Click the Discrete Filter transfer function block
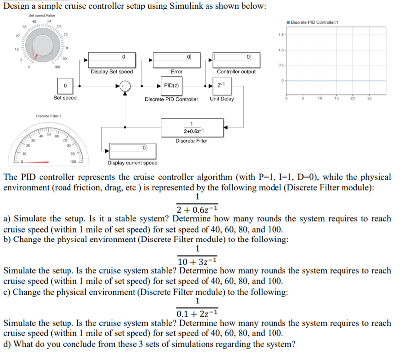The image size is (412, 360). coord(192,127)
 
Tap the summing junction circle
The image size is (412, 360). coord(127,86)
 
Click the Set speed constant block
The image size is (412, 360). coord(66,87)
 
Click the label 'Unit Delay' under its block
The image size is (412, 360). coord(222,99)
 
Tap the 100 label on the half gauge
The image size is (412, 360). coord(73,162)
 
